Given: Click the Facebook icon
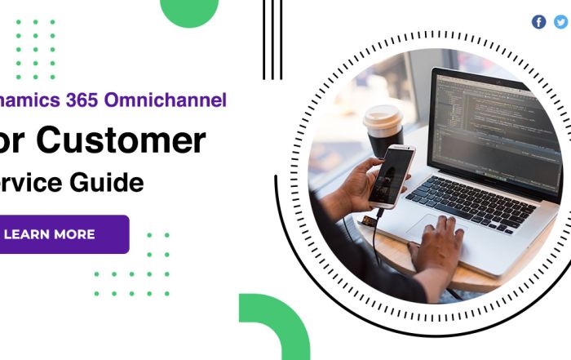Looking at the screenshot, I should click(x=538, y=22).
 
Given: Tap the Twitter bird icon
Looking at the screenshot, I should click(x=560, y=22).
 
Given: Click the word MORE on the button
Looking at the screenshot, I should click(x=74, y=234).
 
